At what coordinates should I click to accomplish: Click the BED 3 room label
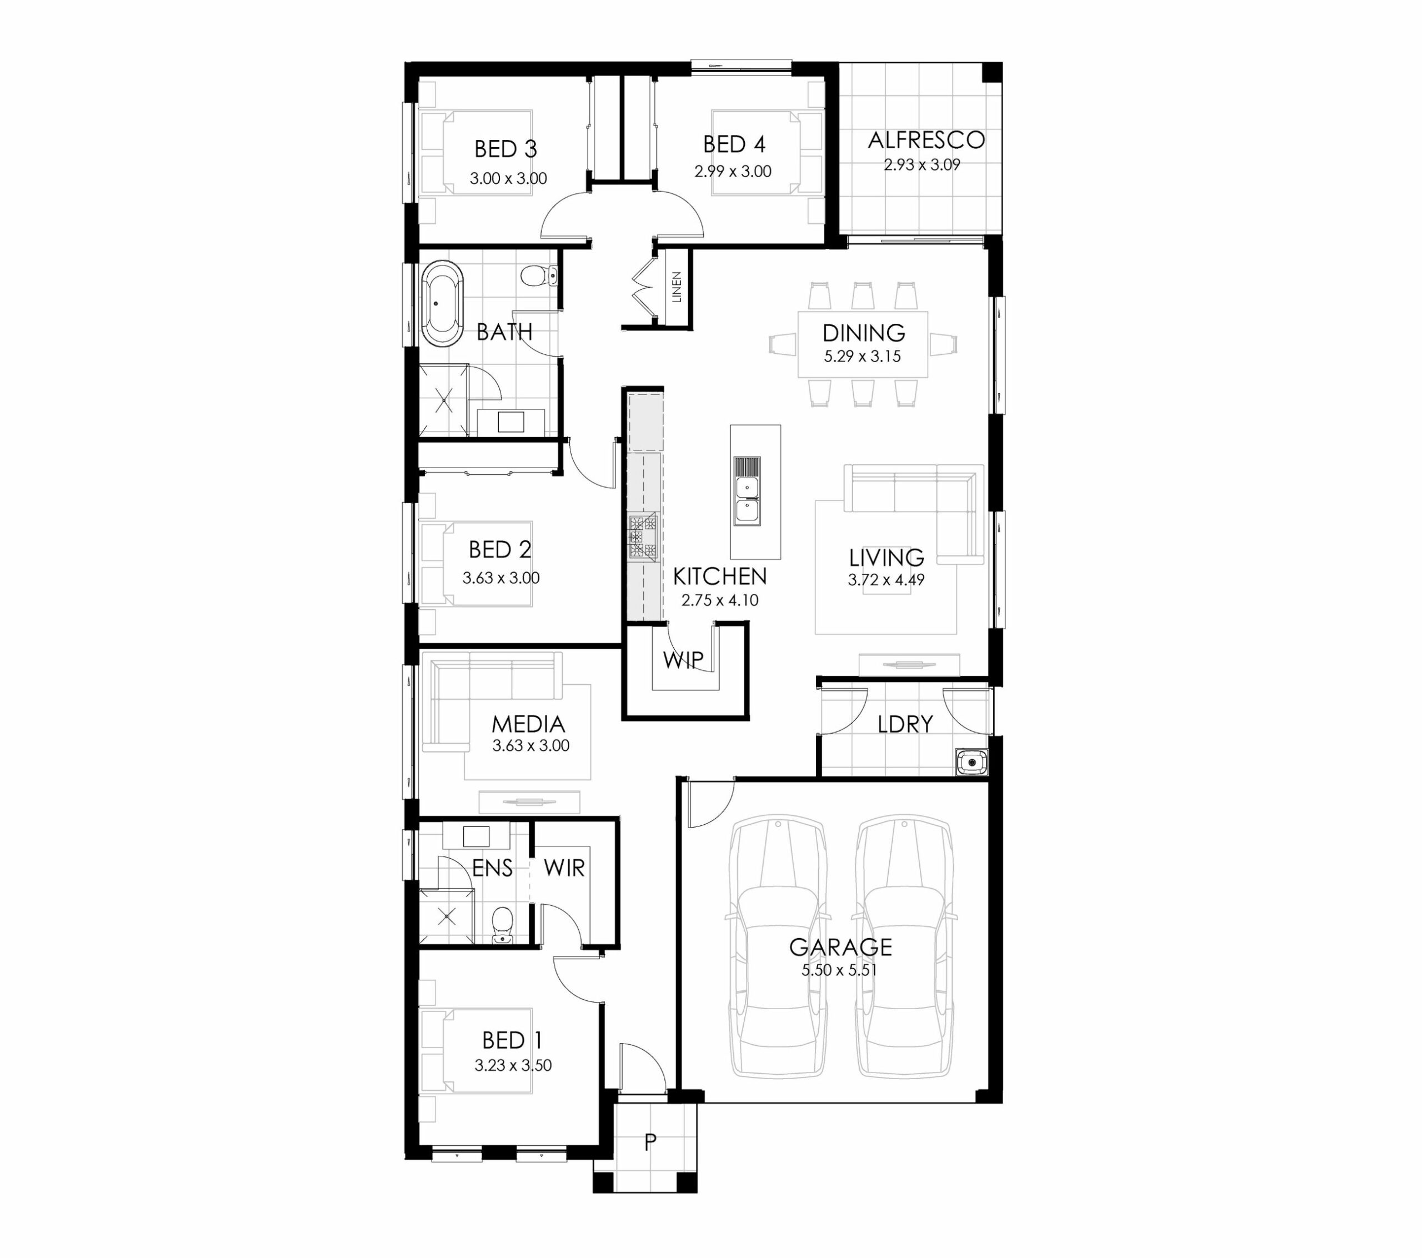506,149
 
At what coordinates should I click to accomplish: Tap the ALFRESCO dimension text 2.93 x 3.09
923,165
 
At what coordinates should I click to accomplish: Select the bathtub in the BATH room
443,303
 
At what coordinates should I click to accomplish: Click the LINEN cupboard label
676,287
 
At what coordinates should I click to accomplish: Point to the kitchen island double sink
747,491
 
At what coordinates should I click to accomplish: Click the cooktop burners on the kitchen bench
643,537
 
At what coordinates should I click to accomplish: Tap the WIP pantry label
683,660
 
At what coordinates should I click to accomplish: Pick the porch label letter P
650,1142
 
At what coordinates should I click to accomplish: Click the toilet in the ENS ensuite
502,925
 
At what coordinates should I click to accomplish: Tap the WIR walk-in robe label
564,868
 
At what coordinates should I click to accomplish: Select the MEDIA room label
528,724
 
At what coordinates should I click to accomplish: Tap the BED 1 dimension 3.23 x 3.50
513,1065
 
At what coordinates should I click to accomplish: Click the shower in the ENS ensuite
446,916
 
